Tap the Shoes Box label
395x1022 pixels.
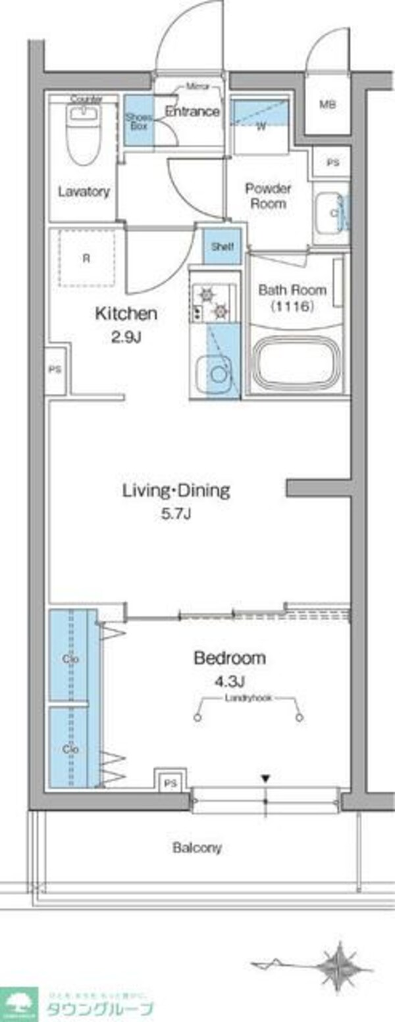(x=138, y=121)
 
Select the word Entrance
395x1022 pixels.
(x=192, y=112)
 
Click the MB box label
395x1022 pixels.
(x=327, y=105)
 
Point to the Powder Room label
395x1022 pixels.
(x=268, y=196)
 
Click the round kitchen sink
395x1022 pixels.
(x=215, y=372)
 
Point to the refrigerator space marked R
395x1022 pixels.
(x=86, y=258)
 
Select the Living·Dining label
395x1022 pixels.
(x=176, y=490)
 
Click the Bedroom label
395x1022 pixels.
(x=229, y=657)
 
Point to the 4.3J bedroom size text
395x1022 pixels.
(x=229, y=679)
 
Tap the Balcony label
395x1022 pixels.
(x=197, y=848)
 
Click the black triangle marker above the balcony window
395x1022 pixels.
(x=265, y=779)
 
